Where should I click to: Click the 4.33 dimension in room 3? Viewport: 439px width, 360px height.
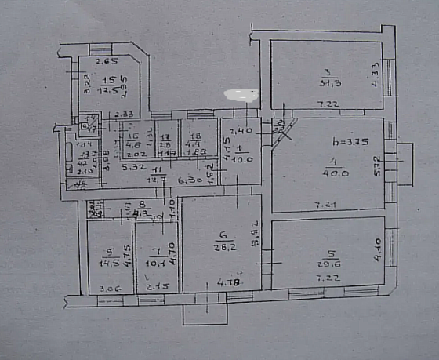tap(375, 71)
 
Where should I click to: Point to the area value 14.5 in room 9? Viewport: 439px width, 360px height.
tap(107, 263)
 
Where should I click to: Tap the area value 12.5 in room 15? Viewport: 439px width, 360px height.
tap(107, 89)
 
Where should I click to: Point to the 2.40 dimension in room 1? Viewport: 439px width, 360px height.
tap(241, 129)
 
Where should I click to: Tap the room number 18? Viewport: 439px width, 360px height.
tap(195, 135)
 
